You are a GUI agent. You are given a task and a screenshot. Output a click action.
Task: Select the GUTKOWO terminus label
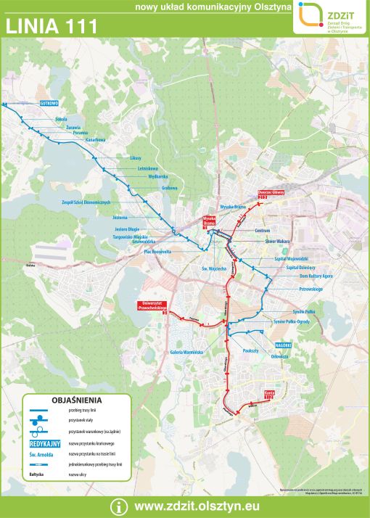(49, 103)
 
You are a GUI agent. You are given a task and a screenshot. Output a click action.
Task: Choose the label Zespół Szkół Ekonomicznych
(86, 202)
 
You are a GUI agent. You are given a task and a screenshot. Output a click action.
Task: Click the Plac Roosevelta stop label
(157, 251)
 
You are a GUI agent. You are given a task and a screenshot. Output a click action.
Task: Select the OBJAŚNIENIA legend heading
(77, 400)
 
